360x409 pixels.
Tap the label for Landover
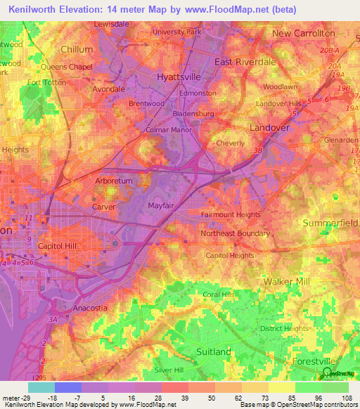(269, 127)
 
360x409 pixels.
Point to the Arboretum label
(113, 181)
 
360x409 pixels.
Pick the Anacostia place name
(90, 308)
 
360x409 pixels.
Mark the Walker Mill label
(286, 281)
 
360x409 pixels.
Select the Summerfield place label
(330, 223)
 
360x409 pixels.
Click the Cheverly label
(231, 143)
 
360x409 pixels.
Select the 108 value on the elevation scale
(344, 397)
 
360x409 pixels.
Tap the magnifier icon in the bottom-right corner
(327, 372)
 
